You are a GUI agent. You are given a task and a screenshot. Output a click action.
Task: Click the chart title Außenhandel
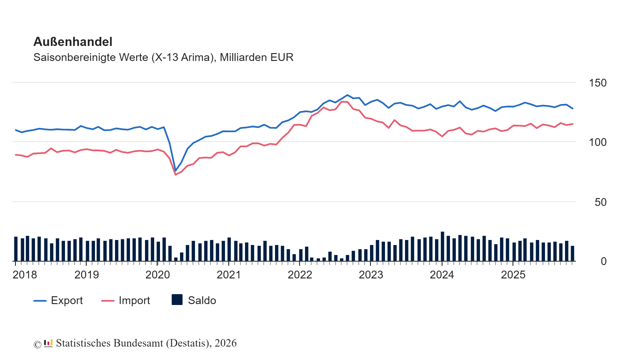[72, 42]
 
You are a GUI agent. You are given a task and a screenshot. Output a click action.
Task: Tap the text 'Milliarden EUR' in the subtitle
[256, 57]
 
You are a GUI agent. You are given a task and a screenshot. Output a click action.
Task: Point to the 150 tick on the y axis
[597, 83]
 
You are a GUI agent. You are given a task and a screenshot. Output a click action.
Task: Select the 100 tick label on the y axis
[597, 142]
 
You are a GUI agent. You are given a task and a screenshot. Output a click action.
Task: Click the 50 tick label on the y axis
[600, 202]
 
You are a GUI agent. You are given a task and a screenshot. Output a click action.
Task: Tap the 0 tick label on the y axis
[603, 261]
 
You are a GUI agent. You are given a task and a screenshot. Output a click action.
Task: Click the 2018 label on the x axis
[25, 275]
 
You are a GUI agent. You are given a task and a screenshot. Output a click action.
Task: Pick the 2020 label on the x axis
[157, 275]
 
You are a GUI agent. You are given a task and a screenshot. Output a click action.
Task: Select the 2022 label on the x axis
[300, 275]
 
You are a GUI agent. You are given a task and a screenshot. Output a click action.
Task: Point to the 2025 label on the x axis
[513, 275]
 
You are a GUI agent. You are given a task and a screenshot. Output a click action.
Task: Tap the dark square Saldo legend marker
[177, 300]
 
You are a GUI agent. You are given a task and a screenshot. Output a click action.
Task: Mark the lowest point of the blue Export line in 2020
[175, 171]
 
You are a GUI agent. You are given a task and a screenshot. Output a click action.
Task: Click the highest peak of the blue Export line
[347, 95]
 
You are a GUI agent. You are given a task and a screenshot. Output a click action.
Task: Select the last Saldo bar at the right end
[572, 253]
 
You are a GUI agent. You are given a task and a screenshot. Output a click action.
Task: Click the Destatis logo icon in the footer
[48, 343]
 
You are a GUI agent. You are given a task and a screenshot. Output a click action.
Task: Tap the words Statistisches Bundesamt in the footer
[109, 343]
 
